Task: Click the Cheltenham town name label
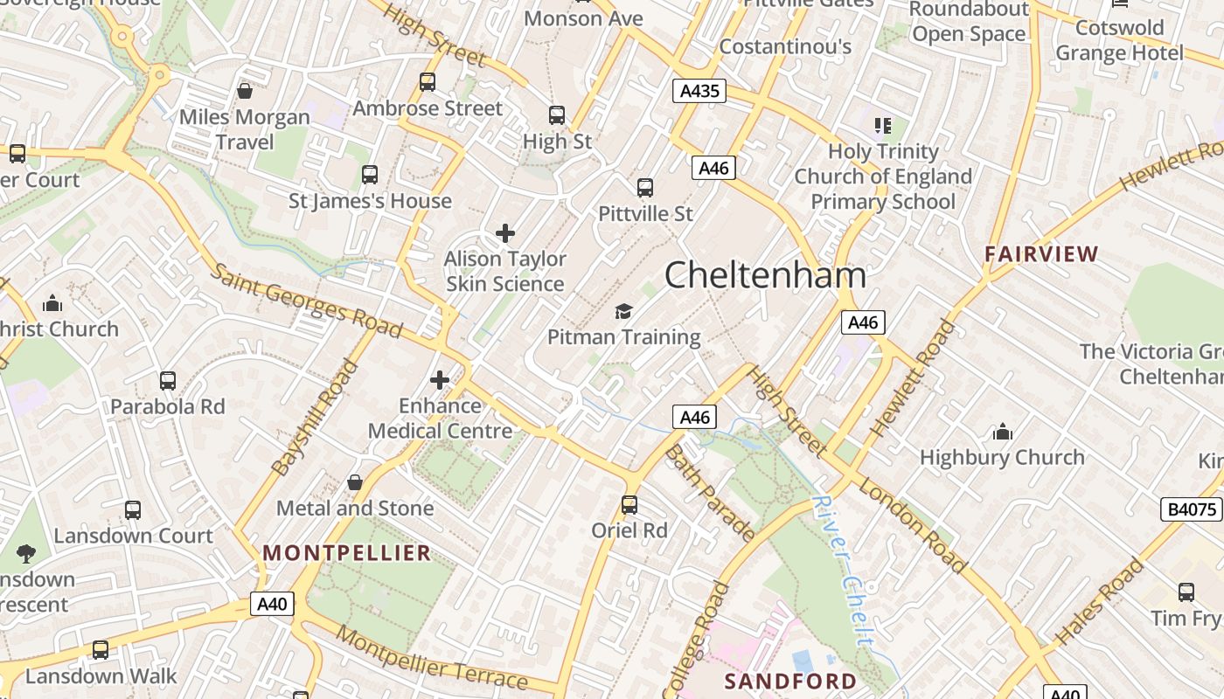[x=765, y=275]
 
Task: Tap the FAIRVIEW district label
[x=1041, y=254]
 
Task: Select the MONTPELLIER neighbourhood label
[x=347, y=553]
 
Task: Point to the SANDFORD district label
[x=791, y=681]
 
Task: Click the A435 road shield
[x=699, y=91]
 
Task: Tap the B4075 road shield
[x=1191, y=509]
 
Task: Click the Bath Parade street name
[x=710, y=493]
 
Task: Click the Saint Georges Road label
[x=307, y=301]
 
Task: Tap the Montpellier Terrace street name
[x=432, y=660]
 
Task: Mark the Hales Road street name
[x=1100, y=602]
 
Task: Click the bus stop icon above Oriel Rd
[x=629, y=504]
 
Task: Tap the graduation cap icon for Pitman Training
[x=623, y=311]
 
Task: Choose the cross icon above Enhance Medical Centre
[x=440, y=380]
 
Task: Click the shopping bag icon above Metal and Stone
[x=355, y=482]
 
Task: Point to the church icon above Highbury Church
[x=1002, y=432]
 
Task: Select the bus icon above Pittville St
[x=645, y=187]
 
